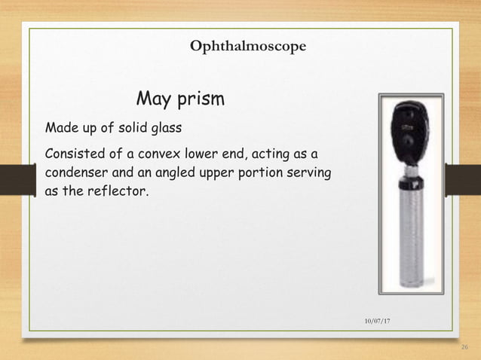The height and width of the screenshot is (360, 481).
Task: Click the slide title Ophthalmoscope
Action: (248, 47)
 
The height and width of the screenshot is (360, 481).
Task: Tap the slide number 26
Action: (463, 347)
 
